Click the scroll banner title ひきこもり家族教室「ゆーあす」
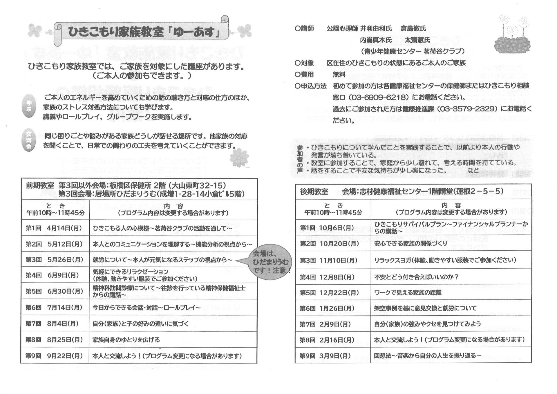(x=144, y=32)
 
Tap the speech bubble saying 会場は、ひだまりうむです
(x=271, y=262)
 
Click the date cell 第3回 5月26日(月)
(x=55, y=260)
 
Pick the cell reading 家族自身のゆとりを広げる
(x=126, y=340)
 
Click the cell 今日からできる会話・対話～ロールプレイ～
(x=147, y=308)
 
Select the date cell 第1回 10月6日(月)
(x=327, y=228)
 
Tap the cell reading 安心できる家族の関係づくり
(x=410, y=243)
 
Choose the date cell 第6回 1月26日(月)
(x=327, y=308)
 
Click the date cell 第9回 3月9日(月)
(x=325, y=356)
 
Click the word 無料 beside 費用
(x=339, y=75)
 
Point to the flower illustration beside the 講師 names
(x=512, y=35)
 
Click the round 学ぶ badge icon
(x=29, y=106)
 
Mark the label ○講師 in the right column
(x=304, y=29)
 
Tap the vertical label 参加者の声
(x=300, y=160)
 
